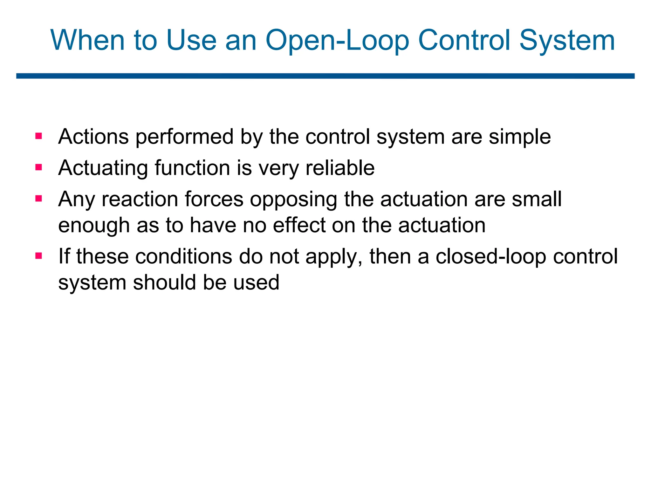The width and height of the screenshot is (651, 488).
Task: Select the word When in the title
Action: coord(87,40)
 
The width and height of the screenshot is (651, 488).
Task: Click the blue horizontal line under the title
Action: coord(325,76)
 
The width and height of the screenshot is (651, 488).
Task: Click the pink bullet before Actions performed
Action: coord(39,136)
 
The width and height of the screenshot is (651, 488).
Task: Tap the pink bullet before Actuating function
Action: coord(39,167)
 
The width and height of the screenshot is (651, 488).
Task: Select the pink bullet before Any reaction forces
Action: coord(39,199)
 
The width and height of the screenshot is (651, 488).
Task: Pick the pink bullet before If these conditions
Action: coord(39,255)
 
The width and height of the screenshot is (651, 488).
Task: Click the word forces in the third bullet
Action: coord(214,200)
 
